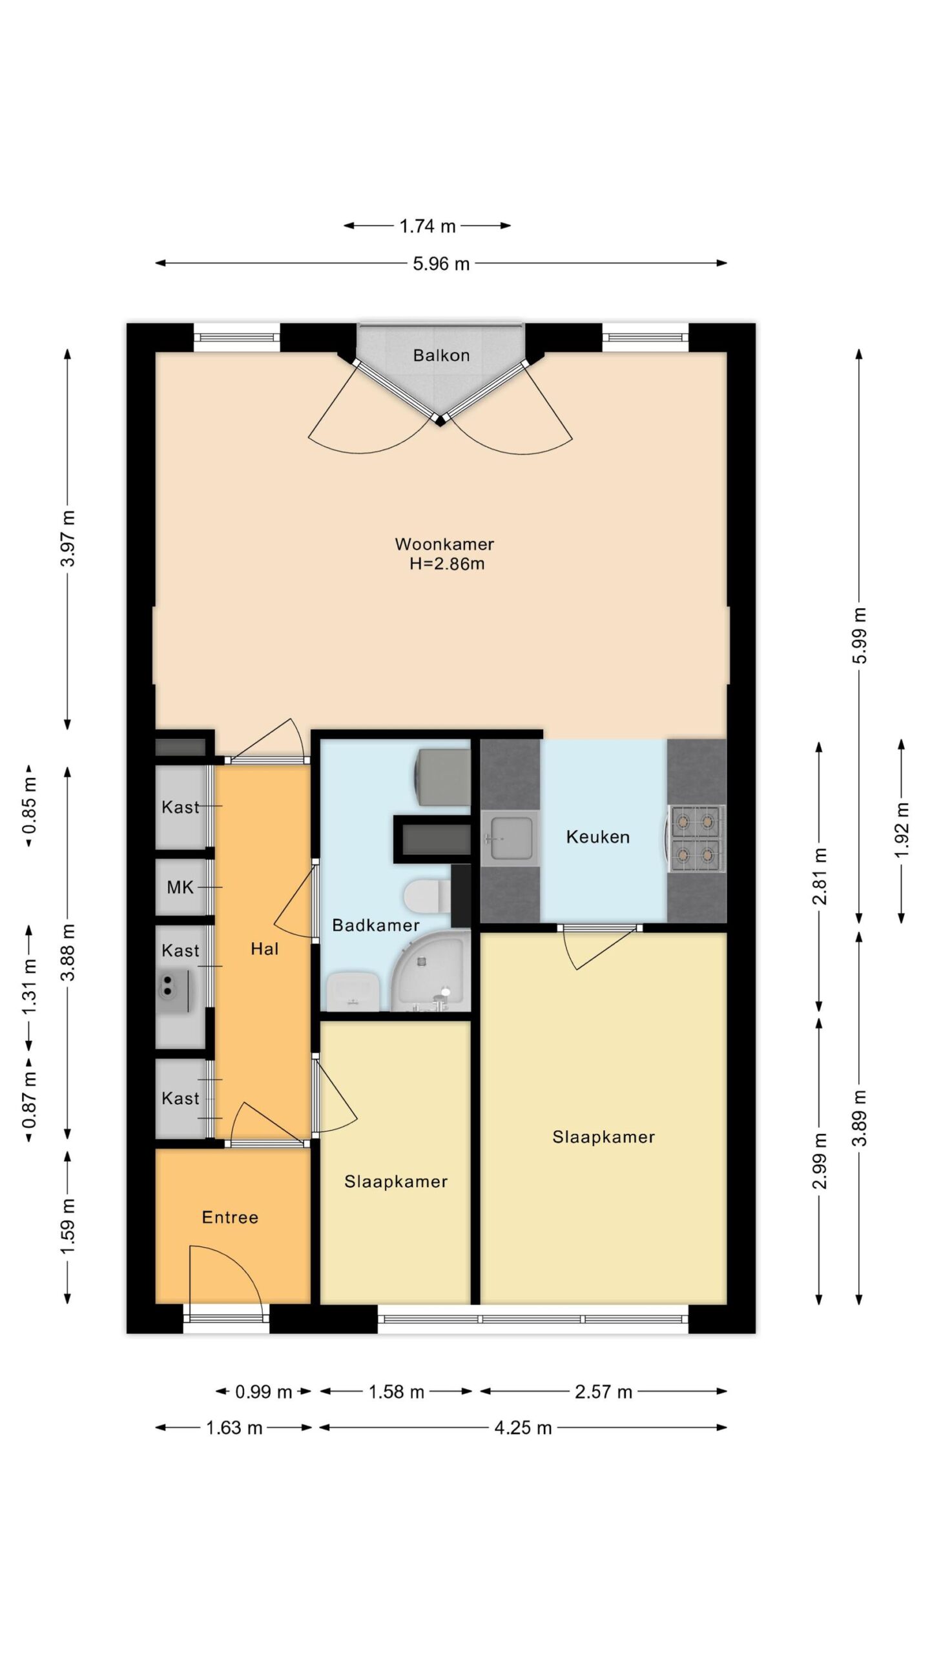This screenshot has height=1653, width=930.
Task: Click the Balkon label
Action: click(x=441, y=355)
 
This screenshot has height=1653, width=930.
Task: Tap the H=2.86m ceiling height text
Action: click(x=446, y=564)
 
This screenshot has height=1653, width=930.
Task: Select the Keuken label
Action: click(x=597, y=837)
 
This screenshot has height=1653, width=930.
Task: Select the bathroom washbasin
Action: click(x=353, y=991)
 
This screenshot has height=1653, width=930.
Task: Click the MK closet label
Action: click(x=180, y=887)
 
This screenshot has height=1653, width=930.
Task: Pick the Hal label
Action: click(x=265, y=949)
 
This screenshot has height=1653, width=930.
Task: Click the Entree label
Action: click(x=230, y=1217)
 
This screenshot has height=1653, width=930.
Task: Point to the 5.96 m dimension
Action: click(x=441, y=263)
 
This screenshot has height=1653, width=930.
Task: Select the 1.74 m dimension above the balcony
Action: click(x=427, y=226)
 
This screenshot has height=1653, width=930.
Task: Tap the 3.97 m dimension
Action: click(x=68, y=539)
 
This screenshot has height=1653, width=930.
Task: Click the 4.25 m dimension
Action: click(x=523, y=1427)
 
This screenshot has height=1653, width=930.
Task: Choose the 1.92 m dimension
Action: click(x=902, y=831)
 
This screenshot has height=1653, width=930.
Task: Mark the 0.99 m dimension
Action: click(x=263, y=1391)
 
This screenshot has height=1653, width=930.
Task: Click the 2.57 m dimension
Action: click(x=604, y=1391)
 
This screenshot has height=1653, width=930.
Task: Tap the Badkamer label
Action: click(x=376, y=925)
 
